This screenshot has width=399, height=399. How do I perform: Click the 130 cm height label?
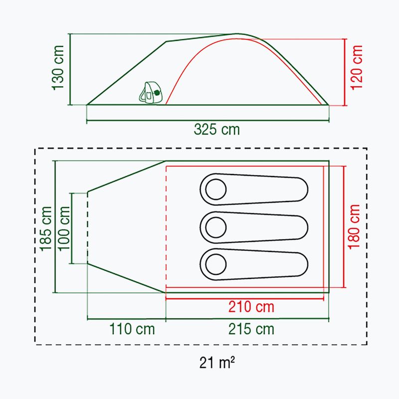pos(58,68)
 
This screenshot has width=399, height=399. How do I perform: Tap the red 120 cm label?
pos(356,67)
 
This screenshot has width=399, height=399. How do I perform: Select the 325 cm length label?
pos(217,130)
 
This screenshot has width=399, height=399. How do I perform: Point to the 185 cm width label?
pos(46,228)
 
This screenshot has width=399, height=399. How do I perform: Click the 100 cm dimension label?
pos(64,228)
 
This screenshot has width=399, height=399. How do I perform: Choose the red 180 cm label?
pos(354,227)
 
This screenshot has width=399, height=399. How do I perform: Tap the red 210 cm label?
pos(251,307)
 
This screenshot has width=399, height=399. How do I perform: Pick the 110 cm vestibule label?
pos(132,329)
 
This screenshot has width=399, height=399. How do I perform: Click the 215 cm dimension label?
pos(251,329)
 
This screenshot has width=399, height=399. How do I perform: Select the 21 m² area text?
pos(217,363)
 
